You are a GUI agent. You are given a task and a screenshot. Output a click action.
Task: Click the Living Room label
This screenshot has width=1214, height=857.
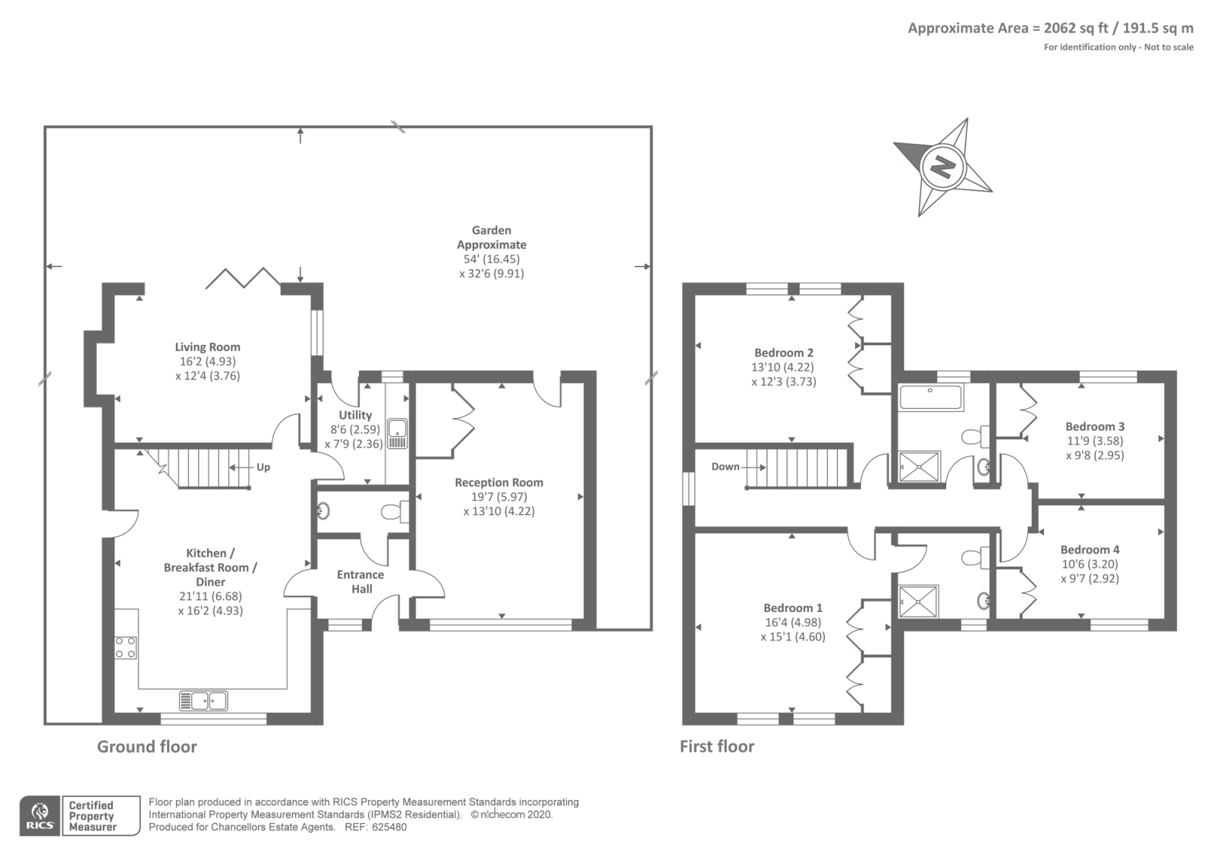pyautogui.click(x=208, y=347)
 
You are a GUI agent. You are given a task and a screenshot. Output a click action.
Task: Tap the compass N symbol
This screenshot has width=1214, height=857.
pyautogui.click(x=942, y=167)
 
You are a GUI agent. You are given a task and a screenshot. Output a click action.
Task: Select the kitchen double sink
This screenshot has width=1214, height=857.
pyautogui.click(x=203, y=701)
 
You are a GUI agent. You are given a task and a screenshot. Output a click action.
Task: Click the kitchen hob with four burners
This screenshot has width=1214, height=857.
pyautogui.click(x=125, y=648)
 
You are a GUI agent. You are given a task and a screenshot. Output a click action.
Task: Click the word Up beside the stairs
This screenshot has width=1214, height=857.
pyautogui.click(x=263, y=467)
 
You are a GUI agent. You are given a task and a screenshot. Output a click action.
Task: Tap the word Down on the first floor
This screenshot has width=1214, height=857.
pyautogui.click(x=725, y=466)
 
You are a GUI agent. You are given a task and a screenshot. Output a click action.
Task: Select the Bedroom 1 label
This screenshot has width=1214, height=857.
pyautogui.click(x=793, y=607)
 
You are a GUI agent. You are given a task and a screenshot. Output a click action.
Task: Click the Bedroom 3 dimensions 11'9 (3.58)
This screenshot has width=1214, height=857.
pyautogui.click(x=1096, y=441)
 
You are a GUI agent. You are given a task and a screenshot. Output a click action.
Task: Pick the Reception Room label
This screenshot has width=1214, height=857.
pyautogui.click(x=499, y=482)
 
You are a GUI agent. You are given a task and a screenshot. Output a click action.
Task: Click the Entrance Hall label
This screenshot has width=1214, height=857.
pyautogui.click(x=361, y=582)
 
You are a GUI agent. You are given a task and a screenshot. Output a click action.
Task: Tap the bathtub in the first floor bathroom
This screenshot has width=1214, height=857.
pyautogui.click(x=930, y=397)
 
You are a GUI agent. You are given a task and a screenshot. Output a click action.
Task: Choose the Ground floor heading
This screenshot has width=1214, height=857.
pyautogui.click(x=147, y=746)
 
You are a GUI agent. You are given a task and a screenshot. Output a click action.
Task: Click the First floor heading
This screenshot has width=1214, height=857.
pyautogui.click(x=717, y=746)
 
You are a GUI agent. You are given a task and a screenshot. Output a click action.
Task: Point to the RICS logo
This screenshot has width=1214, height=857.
pyautogui.click(x=39, y=816)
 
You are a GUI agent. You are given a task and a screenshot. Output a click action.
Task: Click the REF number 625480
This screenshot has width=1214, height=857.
pyautogui.click(x=389, y=827)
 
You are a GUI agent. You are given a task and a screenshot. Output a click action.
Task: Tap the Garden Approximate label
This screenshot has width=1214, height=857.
pyautogui.click(x=492, y=237)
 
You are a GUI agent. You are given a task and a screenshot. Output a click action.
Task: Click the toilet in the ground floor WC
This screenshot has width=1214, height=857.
pyautogui.click(x=395, y=511)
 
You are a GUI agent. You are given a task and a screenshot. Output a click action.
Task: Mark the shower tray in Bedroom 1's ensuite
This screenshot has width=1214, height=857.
pyautogui.click(x=918, y=601)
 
